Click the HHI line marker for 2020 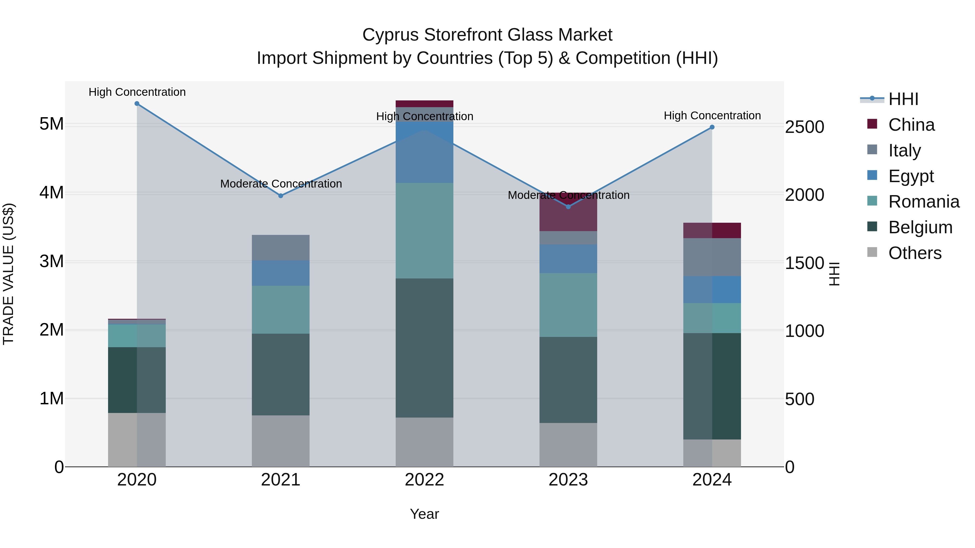click(137, 104)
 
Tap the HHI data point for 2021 click(281, 196)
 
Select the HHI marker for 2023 click(568, 207)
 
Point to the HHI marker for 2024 click(712, 127)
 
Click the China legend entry click(911, 125)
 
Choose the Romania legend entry click(924, 202)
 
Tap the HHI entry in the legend click(903, 99)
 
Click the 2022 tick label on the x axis click(424, 480)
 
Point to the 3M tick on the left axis click(51, 261)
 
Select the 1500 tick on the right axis click(804, 263)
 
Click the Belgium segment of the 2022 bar click(424, 348)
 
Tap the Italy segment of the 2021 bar click(281, 248)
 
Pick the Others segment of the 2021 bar click(281, 441)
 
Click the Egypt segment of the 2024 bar click(712, 290)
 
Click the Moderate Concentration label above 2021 click(281, 184)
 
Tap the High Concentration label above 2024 click(712, 116)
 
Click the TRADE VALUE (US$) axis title click(8, 274)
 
